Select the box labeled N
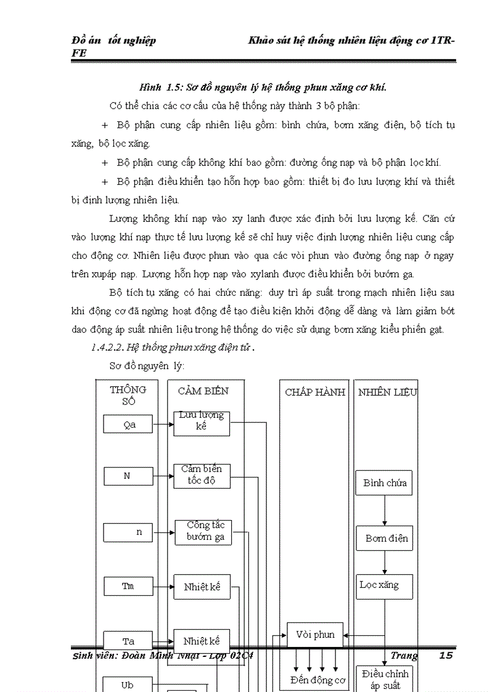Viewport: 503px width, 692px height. click(128, 476)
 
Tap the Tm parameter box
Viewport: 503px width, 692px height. click(128, 586)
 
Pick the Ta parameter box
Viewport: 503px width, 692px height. click(128, 641)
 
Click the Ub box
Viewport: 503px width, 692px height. click(128, 685)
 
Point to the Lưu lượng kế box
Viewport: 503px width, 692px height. click(202, 423)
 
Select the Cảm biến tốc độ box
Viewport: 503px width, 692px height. click(202, 476)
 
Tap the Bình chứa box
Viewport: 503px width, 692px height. click(384, 483)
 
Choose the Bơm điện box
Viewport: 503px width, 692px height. click(385, 538)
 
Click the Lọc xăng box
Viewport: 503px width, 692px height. click(384, 586)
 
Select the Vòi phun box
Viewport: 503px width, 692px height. click(315, 635)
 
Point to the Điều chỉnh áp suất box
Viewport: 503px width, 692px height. click(385, 679)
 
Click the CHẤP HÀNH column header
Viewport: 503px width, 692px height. click(315, 392)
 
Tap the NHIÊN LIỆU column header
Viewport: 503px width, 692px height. click(388, 392)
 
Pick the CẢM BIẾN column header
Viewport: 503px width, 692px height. click(203, 391)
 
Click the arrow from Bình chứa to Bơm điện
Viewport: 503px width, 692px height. click(385, 510)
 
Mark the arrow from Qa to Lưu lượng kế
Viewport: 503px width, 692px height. click(163, 424)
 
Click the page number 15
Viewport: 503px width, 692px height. click(446, 655)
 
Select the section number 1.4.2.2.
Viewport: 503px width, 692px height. click(108, 347)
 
